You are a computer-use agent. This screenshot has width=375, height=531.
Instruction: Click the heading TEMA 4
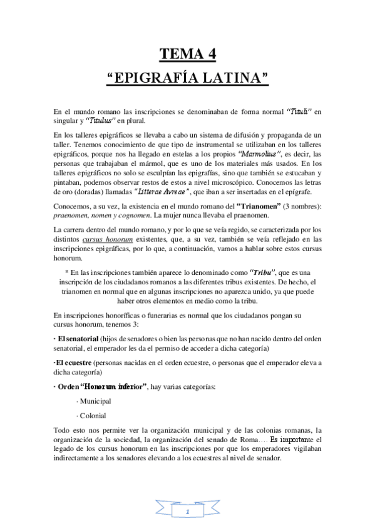click(187, 54)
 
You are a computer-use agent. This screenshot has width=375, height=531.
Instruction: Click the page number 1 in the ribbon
click(188, 512)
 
